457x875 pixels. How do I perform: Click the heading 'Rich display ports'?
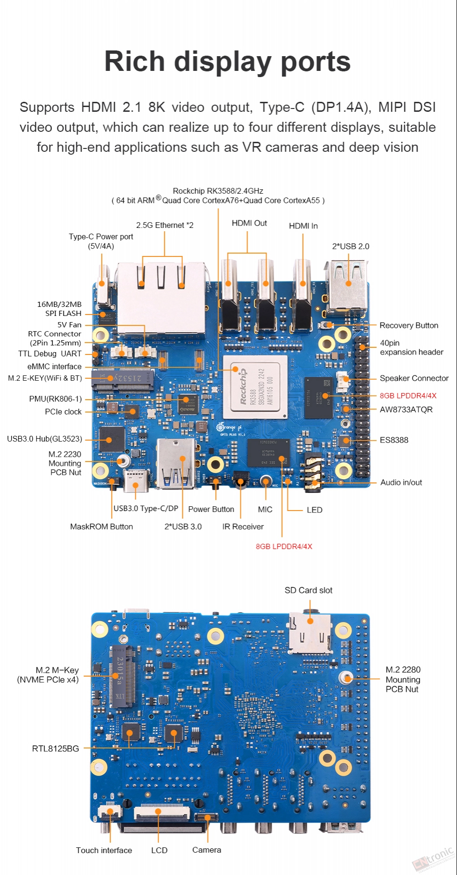[x=228, y=62]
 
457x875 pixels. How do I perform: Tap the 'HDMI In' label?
[x=303, y=226]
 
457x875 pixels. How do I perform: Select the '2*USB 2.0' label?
[x=350, y=246]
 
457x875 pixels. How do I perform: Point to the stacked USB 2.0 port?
[x=347, y=286]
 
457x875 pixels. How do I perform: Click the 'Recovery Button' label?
[x=409, y=325]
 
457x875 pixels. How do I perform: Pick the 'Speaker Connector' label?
[x=414, y=378]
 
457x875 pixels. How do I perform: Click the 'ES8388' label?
[x=394, y=440]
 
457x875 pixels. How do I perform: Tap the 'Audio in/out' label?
[x=401, y=482]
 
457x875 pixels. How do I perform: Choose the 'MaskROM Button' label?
[x=101, y=527]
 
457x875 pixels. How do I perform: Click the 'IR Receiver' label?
[x=243, y=527]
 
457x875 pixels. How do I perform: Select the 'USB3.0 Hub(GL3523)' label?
[x=44, y=439]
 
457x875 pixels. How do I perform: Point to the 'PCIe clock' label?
[x=63, y=412]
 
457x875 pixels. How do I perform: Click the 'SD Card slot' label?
[x=308, y=590]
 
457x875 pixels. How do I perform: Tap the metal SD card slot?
[x=310, y=633]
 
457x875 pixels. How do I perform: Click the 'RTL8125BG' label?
[x=55, y=748]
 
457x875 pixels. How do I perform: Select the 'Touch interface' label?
[x=104, y=850]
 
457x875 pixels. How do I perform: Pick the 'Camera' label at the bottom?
[x=207, y=850]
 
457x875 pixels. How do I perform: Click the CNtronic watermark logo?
[x=434, y=858]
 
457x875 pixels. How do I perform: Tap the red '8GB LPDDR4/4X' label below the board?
[x=284, y=546]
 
